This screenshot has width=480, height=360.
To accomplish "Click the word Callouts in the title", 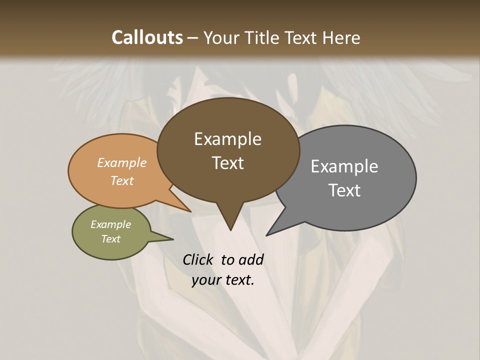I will click(147, 38).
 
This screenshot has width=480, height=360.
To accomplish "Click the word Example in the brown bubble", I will click(227, 139).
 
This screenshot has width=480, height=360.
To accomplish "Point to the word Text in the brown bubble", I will click(227, 163).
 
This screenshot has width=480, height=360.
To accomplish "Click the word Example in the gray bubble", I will click(344, 166).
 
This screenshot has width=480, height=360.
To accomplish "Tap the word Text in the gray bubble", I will click(344, 190).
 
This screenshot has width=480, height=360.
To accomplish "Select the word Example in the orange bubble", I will click(122, 163).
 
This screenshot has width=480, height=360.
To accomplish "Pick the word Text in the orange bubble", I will click(122, 180).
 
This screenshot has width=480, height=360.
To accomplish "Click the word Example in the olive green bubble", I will click(110, 224).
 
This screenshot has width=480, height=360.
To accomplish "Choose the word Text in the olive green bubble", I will click(110, 239).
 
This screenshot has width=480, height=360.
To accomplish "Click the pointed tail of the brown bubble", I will click(230, 227).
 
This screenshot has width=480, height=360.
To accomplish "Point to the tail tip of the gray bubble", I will click(268, 233).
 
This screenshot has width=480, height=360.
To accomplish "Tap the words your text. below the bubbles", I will click(223, 280).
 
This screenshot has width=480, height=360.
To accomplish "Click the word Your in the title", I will click(223, 38).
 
